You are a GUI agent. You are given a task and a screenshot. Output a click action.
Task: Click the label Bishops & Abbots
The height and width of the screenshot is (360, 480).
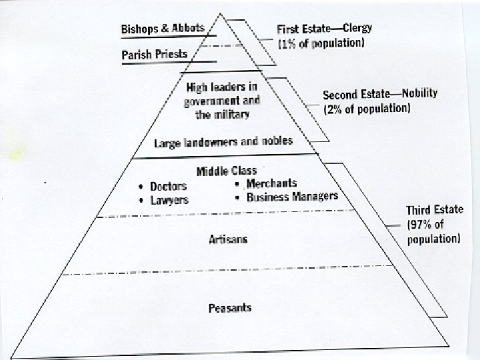(162, 30)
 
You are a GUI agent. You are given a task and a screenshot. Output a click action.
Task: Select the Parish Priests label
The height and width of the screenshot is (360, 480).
(155, 54)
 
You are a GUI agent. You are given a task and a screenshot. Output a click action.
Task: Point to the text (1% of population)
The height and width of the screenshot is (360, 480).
(321, 43)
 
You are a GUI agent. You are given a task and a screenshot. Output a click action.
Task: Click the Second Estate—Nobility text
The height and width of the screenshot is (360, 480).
(380, 94)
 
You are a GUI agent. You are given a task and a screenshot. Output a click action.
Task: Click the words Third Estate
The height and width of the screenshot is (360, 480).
(435, 210)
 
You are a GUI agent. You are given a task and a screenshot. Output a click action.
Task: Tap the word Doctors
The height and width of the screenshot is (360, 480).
(168, 186)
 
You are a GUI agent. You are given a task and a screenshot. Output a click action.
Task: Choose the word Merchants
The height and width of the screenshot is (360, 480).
(271, 183)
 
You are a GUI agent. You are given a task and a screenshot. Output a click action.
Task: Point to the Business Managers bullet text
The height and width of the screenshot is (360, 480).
(292, 197)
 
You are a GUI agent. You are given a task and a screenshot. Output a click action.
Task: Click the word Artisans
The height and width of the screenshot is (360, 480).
(228, 239)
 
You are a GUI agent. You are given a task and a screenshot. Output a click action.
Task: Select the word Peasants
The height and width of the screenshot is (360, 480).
(229, 307)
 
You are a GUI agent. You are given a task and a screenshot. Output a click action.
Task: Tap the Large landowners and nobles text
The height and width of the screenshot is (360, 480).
(223, 142)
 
